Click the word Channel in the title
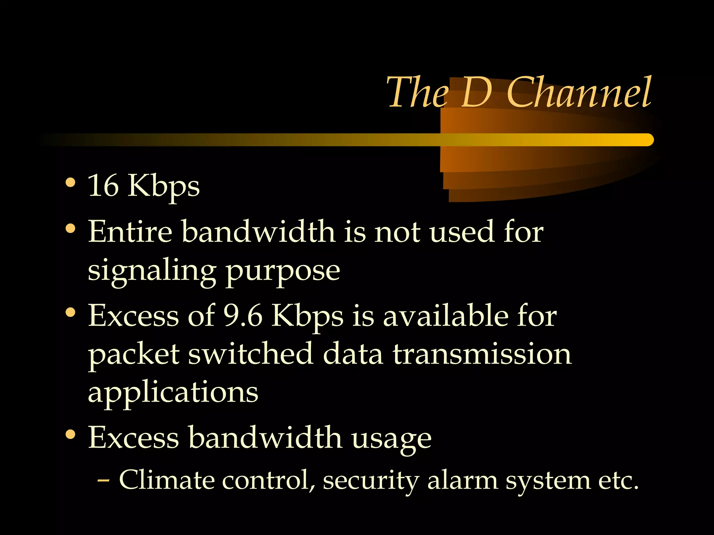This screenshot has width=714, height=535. tap(579, 93)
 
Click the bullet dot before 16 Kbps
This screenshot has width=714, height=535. tap(70, 183)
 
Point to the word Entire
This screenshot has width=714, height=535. tap(130, 232)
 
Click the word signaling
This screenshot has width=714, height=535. tap(152, 272)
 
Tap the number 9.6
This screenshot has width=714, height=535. tap(243, 316)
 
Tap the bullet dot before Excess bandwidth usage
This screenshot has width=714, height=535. tap(70, 434)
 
